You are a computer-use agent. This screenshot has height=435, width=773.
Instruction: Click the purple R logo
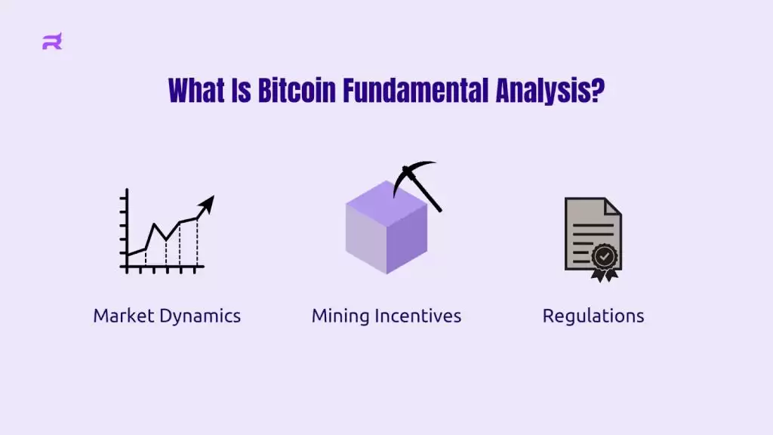tap(51, 42)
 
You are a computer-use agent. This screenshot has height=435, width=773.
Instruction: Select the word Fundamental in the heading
tap(416, 91)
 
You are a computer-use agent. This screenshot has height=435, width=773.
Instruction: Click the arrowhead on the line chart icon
tap(208, 203)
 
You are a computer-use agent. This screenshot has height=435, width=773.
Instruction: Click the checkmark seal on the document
tap(604, 256)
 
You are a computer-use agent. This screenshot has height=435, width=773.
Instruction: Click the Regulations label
tap(593, 316)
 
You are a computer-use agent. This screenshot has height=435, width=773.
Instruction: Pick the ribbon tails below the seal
tap(604, 275)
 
